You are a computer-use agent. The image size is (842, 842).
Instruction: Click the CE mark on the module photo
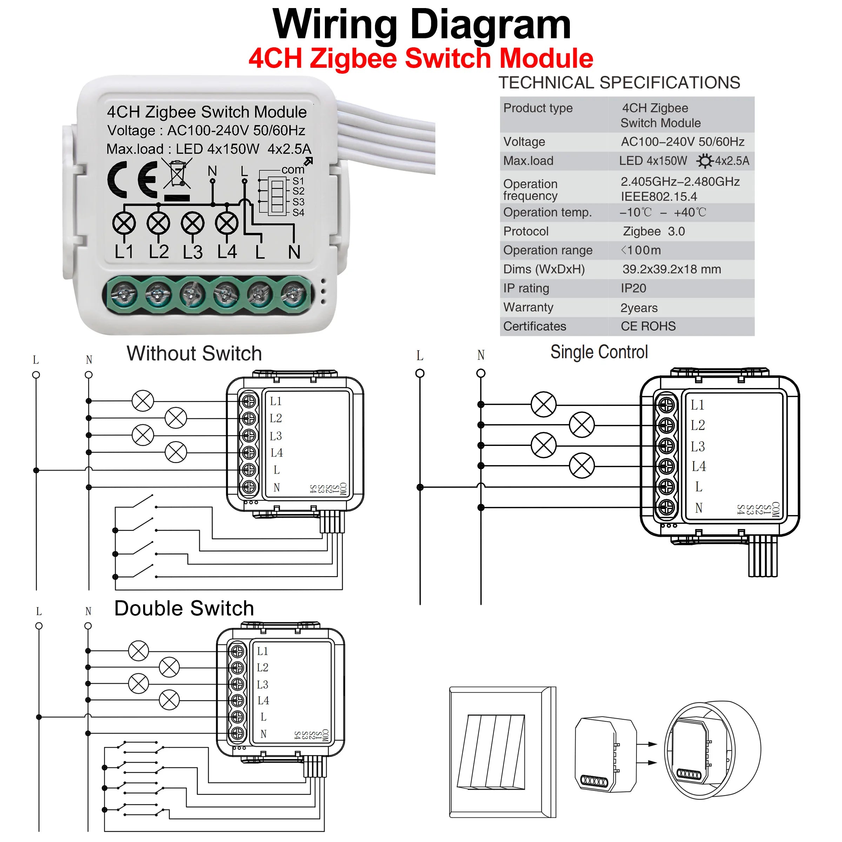pos(133,180)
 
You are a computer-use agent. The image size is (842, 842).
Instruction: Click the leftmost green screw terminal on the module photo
pos(124,294)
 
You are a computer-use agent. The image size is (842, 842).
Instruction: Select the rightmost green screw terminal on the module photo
pos(293,294)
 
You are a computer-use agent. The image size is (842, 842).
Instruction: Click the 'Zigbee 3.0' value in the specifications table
pos(654,232)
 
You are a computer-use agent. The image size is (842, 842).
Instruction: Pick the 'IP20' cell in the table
pos(633,288)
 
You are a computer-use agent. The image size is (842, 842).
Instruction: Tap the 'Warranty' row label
pos(528,307)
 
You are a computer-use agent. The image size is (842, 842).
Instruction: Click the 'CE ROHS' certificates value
pos(648,326)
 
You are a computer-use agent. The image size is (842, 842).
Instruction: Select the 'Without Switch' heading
pos(194,353)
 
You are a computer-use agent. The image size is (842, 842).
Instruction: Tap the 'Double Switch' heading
pos(184,608)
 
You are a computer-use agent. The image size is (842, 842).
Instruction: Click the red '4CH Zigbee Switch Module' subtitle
pos(421,58)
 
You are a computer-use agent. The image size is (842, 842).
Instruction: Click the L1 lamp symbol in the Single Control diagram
pos(543,405)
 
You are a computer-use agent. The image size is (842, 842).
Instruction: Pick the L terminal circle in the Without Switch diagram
pos(36,375)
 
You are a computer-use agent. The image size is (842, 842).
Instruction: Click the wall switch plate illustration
pos(502,752)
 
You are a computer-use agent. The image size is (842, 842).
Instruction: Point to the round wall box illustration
pos(713,750)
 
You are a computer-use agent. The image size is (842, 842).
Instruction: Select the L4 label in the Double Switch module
pos(263,700)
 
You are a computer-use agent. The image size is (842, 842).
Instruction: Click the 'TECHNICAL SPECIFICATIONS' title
pos(619,83)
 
